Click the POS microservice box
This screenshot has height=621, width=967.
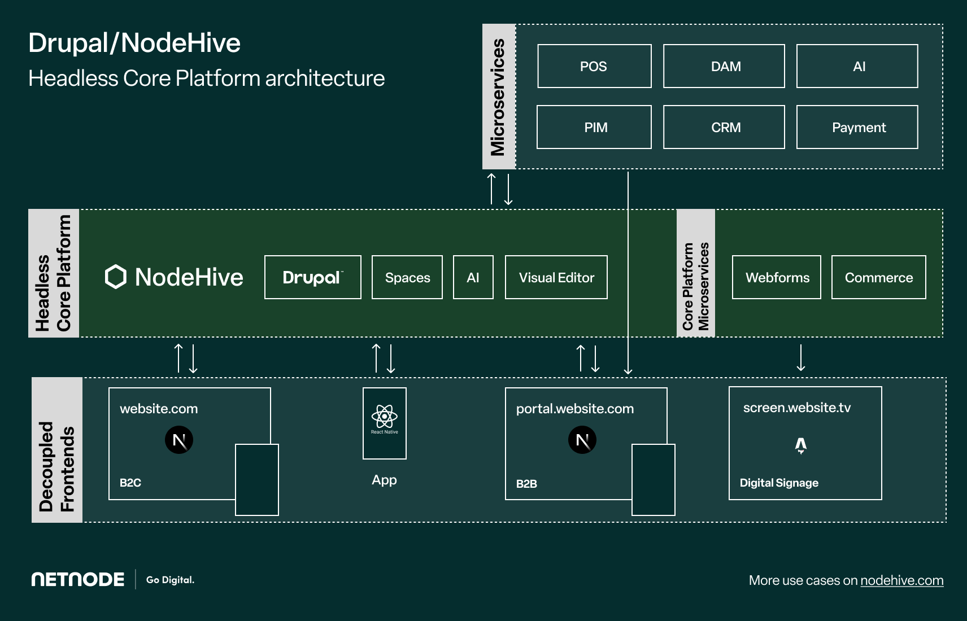coord(594,66)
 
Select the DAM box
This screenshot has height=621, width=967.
coord(724,66)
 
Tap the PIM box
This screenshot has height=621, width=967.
coord(594,127)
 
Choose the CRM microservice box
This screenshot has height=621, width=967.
coord(724,127)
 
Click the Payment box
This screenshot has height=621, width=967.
coord(857,127)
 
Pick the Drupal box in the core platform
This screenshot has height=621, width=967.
coord(312,277)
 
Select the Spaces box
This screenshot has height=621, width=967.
coord(407,277)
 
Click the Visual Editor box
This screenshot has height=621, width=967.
coord(556,277)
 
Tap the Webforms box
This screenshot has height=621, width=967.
coord(776,277)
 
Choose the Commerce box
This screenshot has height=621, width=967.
coord(878,277)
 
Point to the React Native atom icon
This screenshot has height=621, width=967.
coord(384,416)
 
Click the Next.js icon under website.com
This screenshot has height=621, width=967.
coord(178,440)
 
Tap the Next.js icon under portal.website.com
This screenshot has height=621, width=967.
coord(582,440)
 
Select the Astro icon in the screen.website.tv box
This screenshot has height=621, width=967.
coord(801,446)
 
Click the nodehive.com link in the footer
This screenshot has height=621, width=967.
coord(902,580)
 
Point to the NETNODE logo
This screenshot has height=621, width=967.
coord(78,580)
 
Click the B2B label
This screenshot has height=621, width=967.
coord(526,484)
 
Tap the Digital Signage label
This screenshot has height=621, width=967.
coord(779,483)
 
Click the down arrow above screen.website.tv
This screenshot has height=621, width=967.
coord(801,357)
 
